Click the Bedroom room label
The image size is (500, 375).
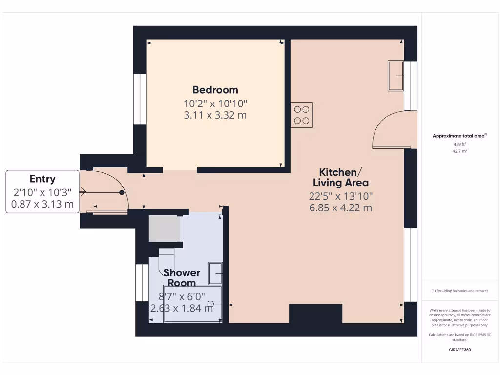tap(215, 90)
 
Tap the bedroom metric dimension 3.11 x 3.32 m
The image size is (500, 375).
tap(215, 115)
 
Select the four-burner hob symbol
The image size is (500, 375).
tap(301, 115)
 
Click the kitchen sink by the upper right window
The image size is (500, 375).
tap(396, 76)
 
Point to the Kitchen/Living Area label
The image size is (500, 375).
tap(340, 177)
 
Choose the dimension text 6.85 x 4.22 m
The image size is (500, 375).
tap(340, 208)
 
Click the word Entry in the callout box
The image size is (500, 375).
tap(42, 179)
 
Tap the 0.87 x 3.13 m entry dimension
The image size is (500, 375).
tap(42, 204)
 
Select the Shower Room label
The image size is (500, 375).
tap(182, 278)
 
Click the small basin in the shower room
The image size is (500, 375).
tap(215, 273)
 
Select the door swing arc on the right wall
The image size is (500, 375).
tap(388, 129)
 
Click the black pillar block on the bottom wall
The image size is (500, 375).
tap(315, 314)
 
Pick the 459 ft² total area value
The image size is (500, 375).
tap(459, 144)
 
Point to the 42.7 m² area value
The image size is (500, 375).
tap(459, 151)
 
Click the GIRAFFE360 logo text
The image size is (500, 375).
tap(459, 350)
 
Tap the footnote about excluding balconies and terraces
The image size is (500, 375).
tap(459, 291)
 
